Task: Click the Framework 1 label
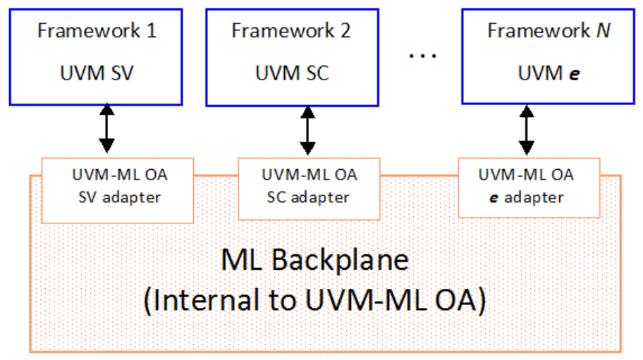click(97, 32)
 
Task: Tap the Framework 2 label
click(291, 32)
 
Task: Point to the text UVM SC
click(291, 73)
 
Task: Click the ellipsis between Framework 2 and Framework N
click(423, 55)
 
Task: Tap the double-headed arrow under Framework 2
click(307, 130)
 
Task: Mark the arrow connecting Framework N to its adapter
click(526, 130)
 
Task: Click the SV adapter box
click(117, 187)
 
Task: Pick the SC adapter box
click(309, 187)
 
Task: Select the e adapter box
click(529, 187)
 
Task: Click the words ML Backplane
click(315, 261)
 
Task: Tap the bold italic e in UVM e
click(575, 74)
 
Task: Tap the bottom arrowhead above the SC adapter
click(307, 149)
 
